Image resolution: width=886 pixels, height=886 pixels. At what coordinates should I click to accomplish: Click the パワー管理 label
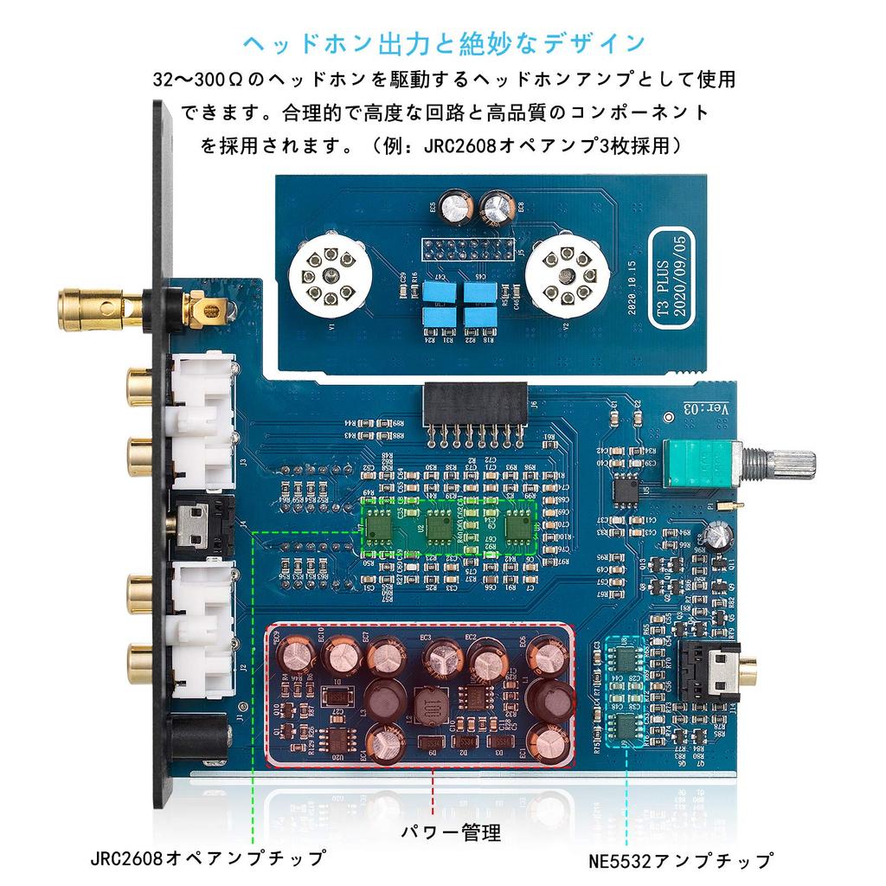pos(451,833)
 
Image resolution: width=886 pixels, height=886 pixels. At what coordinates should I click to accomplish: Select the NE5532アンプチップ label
pos(679,862)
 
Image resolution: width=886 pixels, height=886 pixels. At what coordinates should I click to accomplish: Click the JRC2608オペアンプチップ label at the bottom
pos(208,858)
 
